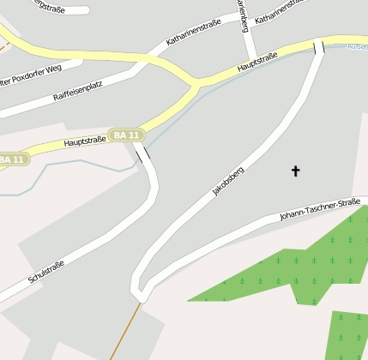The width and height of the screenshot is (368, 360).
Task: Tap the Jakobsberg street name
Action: tap(228, 182)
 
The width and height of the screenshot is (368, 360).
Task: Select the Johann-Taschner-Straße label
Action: tap(319, 209)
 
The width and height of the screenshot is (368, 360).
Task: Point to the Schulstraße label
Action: tap(46, 267)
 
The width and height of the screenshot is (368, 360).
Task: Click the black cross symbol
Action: tap(296, 171)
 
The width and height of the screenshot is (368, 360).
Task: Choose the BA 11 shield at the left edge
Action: tap(14, 159)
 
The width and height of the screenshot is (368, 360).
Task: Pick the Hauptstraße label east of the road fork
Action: tap(258, 61)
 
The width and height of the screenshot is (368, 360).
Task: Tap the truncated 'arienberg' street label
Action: tap(242, 13)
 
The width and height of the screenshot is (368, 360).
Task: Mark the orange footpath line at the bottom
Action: tap(123, 330)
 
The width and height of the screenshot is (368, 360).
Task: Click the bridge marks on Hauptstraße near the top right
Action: tap(319, 46)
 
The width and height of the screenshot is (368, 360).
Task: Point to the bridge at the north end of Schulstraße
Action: tap(142, 154)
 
